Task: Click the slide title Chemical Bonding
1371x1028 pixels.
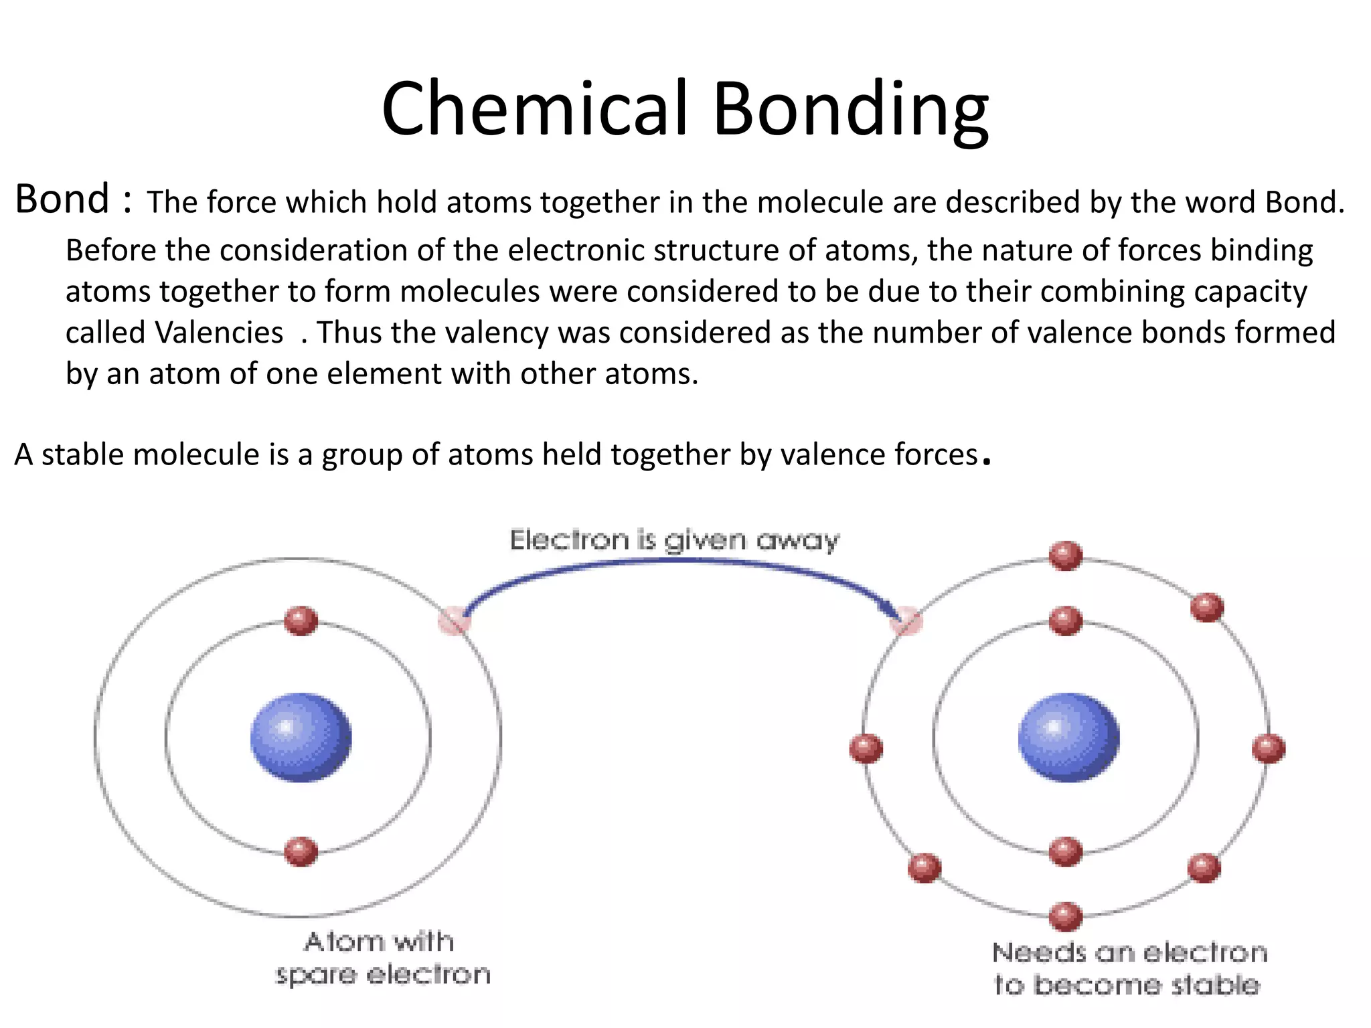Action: point(685,108)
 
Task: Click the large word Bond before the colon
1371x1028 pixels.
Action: point(62,199)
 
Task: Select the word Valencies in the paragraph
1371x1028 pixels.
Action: point(219,333)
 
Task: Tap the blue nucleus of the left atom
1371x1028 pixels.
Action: point(301,737)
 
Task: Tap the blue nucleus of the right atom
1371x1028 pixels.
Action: point(1068,737)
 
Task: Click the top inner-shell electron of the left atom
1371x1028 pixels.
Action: point(301,620)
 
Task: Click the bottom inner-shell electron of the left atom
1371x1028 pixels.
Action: point(301,851)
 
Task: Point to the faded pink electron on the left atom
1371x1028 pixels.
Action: point(455,620)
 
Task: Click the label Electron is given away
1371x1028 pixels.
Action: point(674,539)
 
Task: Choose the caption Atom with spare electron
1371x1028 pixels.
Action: point(382,958)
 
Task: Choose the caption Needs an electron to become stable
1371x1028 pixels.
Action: point(1129,968)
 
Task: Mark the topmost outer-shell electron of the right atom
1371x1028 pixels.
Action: point(1066,555)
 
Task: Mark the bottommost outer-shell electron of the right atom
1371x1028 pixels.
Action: point(1066,916)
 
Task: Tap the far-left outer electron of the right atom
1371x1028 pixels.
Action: point(866,748)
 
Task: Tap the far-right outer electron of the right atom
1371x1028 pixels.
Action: point(1269,748)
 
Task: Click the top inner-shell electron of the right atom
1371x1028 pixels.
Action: point(1066,620)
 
